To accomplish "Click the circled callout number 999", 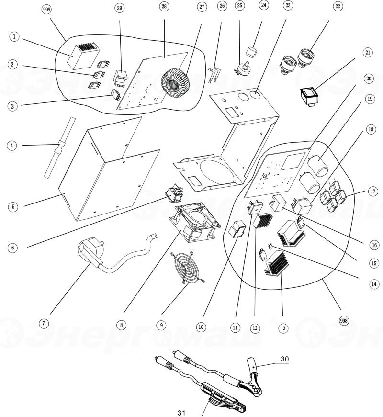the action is pos(47,10).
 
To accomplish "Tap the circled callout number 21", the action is pos(368,52).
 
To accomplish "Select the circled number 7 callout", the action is pos(44,323).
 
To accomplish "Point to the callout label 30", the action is pos(284,359).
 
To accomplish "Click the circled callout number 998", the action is pos(344,321).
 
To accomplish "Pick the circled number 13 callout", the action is pos(283,328).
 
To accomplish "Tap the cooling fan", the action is pos(195,223).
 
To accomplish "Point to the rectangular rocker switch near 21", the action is pos(311,97).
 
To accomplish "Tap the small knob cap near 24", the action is pos(252,51).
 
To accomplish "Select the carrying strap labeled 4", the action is pos(59,147).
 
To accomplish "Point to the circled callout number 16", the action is pos(374,245).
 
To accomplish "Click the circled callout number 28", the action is pos(164,6).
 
